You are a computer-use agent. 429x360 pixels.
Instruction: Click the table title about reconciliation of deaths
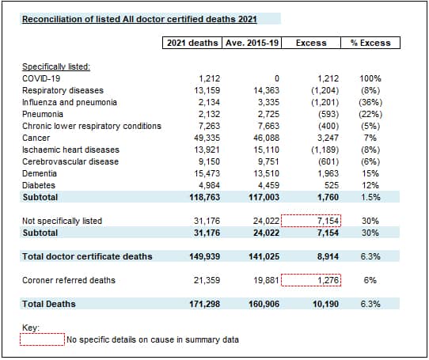pyautogui.click(x=139, y=19)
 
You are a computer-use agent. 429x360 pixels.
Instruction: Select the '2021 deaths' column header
pyautogui.click(x=192, y=43)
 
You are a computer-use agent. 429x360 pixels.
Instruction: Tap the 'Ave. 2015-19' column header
pyautogui.click(x=252, y=43)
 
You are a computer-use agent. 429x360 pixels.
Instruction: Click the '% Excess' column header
pyautogui.click(x=370, y=43)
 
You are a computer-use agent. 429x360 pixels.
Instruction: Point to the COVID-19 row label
pyautogui.click(x=41, y=78)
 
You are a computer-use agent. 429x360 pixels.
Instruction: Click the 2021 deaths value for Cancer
pyautogui.click(x=207, y=138)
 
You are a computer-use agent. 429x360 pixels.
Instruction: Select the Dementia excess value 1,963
pyautogui.click(x=328, y=173)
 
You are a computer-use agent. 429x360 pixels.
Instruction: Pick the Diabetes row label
pyautogui.click(x=39, y=185)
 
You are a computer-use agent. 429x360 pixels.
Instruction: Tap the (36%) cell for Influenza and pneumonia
pyautogui.click(x=370, y=102)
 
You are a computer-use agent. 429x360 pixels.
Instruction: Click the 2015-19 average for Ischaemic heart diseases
pyautogui.click(x=266, y=150)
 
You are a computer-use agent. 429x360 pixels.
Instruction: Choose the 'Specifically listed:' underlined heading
pyautogui.click(x=56, y=66)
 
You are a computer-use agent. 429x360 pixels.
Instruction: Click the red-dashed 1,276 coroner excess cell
pyautogui.click(x=311, y=280)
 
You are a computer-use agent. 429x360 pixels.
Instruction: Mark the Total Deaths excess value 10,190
pyautogui.click(x=325, y=304)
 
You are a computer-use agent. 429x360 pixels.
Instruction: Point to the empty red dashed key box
pyautogui.click(x=42, y=339)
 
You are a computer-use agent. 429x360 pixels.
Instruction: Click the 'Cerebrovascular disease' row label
pyautogui.click(x=70, y=161)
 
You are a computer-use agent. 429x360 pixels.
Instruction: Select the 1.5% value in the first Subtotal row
pyautogui.click(x=370, y=197)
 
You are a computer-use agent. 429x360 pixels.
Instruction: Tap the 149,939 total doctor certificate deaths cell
pyautogui.click(x=205, y=256)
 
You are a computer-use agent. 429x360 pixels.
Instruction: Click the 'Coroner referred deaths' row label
pyautogui.click(x=69, y=280)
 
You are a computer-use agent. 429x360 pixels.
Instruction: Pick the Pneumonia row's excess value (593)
pyautogui.click(x=328, y=114)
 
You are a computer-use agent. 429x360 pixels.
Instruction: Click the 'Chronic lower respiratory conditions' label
pyautogui.click(x=92, y=126)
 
